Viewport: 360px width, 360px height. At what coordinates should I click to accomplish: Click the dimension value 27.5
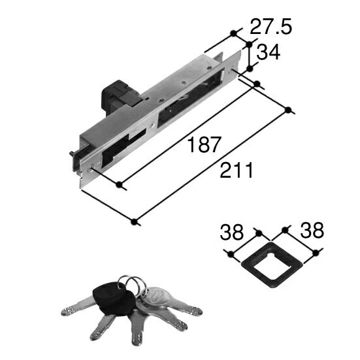point(271,27)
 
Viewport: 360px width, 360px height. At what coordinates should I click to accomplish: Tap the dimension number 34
point(268,52)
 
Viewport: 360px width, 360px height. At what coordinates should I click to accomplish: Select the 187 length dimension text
point(204,144)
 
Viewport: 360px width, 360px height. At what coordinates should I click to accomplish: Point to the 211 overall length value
point(237,170)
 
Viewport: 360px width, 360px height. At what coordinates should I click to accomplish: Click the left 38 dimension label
point(231,232)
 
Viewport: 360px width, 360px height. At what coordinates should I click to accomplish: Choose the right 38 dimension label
point(312,230)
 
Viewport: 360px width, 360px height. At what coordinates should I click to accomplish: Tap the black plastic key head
point(114,298)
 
